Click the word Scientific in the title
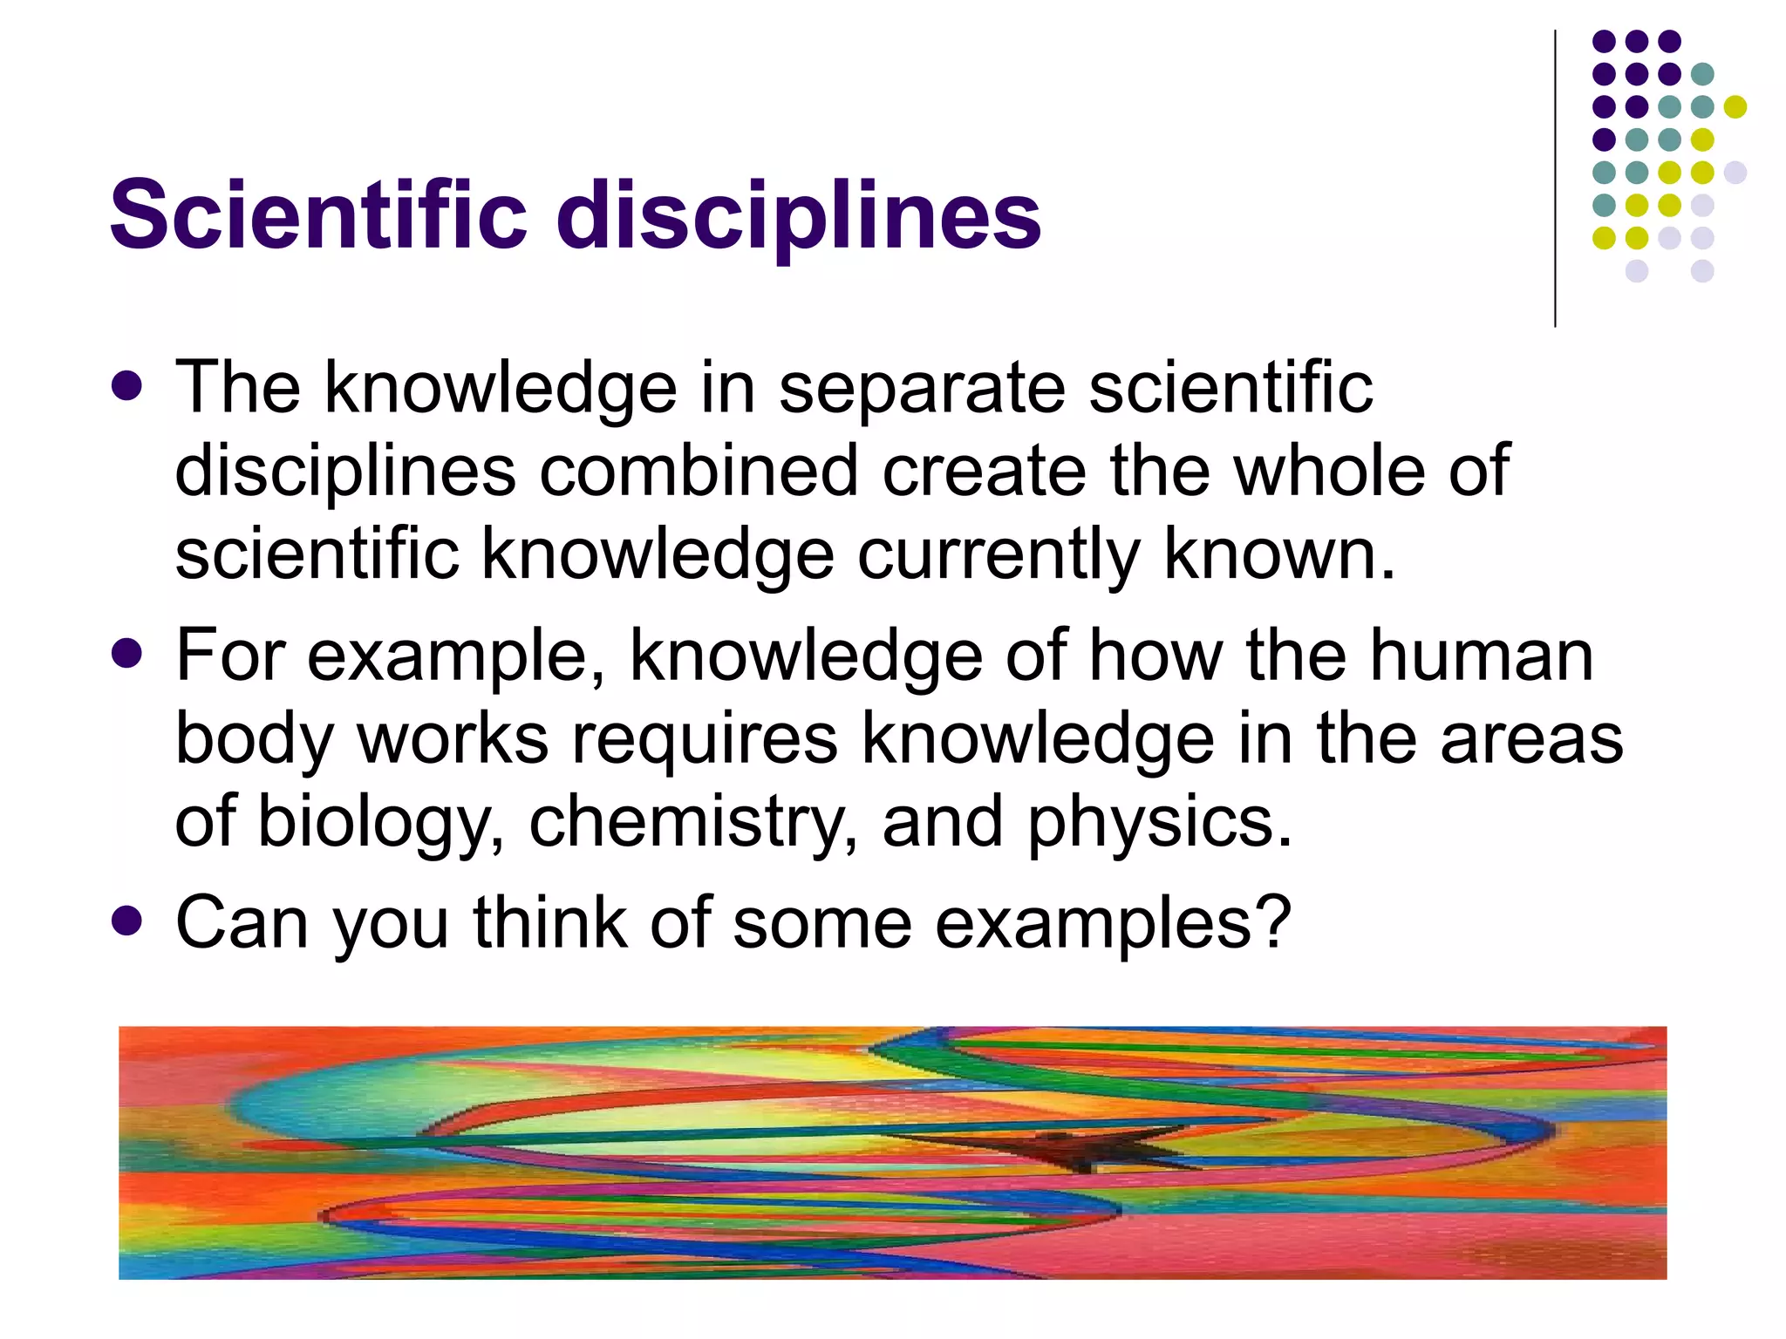point(318,214)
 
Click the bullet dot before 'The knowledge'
point(127,385)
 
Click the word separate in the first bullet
point(921,390)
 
